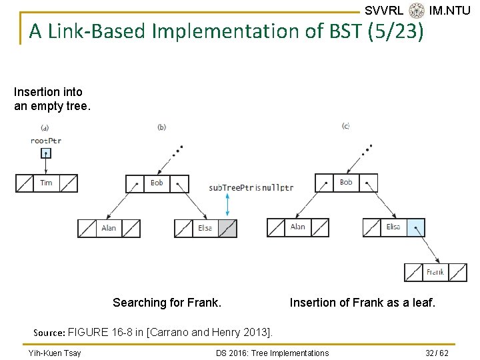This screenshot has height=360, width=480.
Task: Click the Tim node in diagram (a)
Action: click(47, 183)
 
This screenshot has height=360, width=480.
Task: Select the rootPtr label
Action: click(46, 141)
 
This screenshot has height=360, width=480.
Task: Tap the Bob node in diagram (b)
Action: click(157, 183)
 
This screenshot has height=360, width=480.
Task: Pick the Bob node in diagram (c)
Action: click(346, 183)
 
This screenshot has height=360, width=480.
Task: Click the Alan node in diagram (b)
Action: click(109, 228)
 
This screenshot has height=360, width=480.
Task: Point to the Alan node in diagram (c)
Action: click(298, 227)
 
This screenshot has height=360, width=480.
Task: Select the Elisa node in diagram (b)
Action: click(205, 228)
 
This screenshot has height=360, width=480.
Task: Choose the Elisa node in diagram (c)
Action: click(394, 227)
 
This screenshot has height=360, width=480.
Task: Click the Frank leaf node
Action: click(435, 273)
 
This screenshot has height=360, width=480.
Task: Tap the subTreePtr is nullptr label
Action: click(251, 188)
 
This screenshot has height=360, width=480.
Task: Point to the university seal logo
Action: click(417, 10)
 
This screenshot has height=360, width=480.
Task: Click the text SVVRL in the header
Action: click(384, 10)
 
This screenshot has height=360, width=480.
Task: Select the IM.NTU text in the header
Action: click(450, 10)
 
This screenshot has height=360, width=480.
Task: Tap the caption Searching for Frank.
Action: click(167, 303)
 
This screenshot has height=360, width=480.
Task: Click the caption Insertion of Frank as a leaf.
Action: click(362, 303)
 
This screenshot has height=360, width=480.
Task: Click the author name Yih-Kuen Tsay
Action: click(55, 353)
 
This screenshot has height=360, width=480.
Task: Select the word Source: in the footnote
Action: click(49, 331)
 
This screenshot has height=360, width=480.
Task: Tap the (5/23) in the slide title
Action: click(395, 31)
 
